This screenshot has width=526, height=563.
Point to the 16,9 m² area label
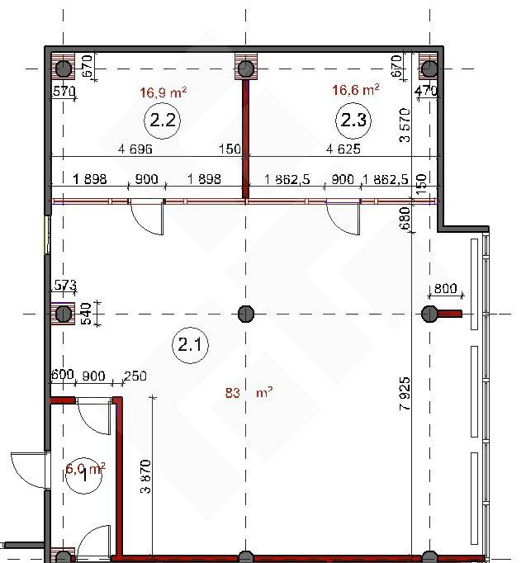coord(163,92)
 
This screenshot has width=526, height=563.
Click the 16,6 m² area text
coord(355,89)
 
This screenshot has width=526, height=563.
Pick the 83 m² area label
coord(249,392)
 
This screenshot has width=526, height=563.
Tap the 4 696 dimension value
coord(135,149)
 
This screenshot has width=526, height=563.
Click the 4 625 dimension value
coord(344,149)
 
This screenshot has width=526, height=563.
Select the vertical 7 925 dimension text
coord(405,394)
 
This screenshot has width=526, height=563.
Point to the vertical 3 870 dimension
coord(146,476)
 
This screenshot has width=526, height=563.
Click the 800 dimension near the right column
coord(445,288)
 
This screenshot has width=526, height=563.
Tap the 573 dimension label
coord(64,285)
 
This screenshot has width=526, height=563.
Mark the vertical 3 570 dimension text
coord(405,125)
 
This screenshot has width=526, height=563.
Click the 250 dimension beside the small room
coord(135,376)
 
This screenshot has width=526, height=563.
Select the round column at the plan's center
coord(246,314)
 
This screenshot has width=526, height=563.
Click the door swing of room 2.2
coord(147,218)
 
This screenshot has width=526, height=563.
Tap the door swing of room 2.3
coord(344,218)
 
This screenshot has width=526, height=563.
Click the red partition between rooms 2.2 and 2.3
coord(246,139)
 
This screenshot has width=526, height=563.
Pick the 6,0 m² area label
coord(85,469)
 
